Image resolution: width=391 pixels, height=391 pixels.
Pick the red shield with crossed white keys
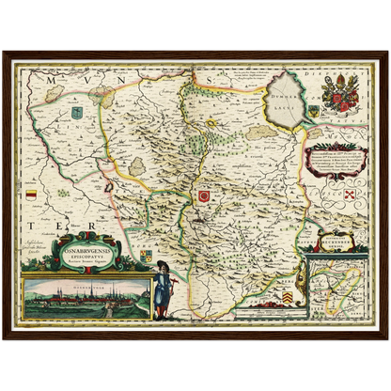tap(350, 195)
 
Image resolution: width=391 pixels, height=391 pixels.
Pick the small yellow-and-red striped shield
tap(34, 194)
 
